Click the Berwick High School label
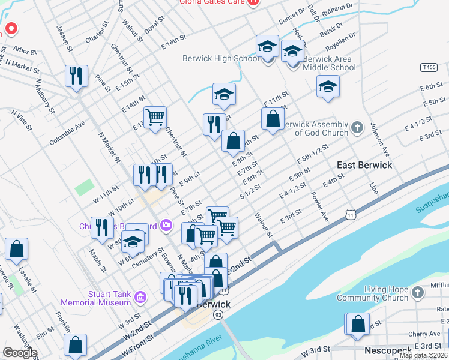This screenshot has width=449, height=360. point(221,58)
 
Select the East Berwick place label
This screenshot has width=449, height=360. point(364,165)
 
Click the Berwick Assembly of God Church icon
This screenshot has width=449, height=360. point(357,128)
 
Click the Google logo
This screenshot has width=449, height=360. point(20,353)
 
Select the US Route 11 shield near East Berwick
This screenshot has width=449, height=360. point(350,213)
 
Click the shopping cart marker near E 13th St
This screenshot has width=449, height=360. point(155,118)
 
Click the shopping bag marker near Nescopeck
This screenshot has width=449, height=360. point(358,324)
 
